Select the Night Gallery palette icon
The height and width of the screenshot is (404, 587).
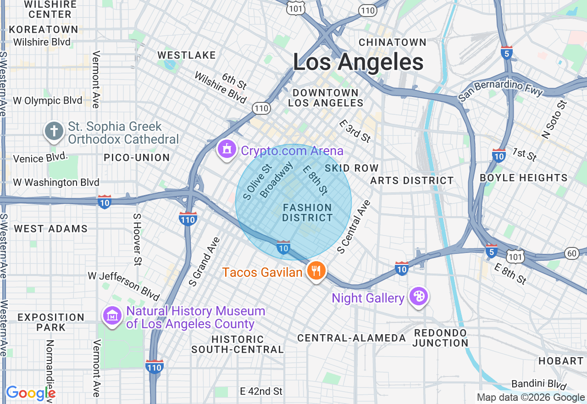click(418, 297)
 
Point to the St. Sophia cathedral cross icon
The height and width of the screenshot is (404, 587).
click(54, 131)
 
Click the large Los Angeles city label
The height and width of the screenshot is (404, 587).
click(358, 62)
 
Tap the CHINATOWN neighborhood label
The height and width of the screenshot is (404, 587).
click(393, 42)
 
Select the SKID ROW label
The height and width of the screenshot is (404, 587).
click(352, 168)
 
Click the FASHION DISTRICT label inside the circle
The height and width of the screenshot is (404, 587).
click(307, 213)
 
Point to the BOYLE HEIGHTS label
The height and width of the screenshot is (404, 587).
click(523, 178)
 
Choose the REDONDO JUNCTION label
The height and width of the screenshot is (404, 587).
click(440, 338)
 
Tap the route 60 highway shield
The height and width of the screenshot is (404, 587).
click(572, 253)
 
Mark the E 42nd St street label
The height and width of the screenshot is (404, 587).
click(261, 391)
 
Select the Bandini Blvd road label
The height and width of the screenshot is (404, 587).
click(539, 384)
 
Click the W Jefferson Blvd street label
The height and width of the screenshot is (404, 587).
click(124, 286)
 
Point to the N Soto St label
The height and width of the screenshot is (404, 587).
click(554, 119)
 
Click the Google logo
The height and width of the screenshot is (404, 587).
click(30, 393)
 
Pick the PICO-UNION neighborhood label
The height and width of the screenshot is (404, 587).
click(137, 157)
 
